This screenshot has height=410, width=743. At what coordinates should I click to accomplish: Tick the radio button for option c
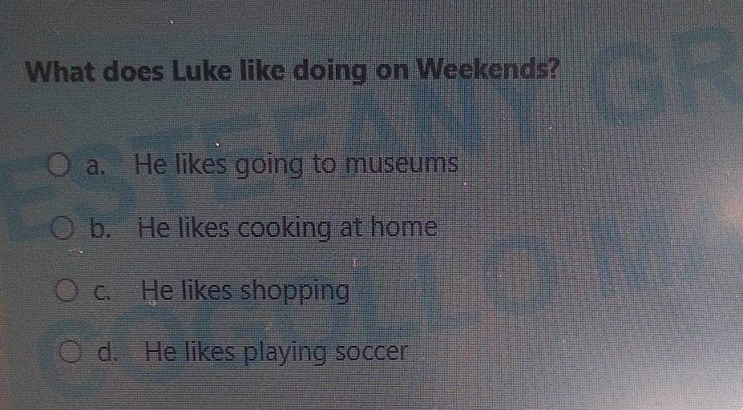tap(67, 289)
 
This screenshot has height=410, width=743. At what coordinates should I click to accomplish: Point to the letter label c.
tap(104, 290)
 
